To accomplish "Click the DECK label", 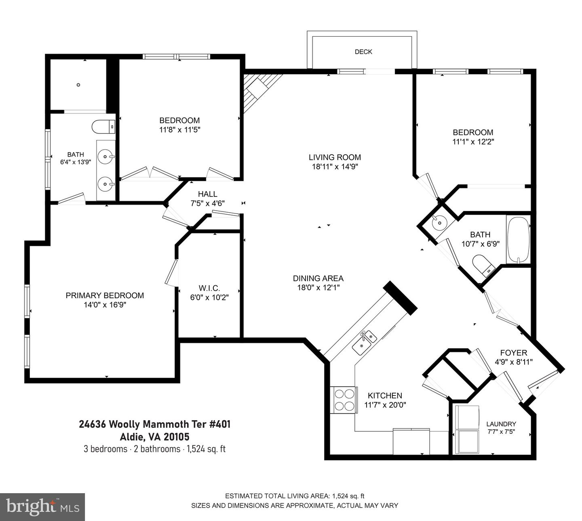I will [363, 52].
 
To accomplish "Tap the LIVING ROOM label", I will [335, 157].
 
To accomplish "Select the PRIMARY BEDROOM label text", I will [105, 295].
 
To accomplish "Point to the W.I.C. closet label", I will [209, 288].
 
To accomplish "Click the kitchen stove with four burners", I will [344, 400].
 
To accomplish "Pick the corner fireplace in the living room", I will [259, 91].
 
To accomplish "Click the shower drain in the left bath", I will [78, 85].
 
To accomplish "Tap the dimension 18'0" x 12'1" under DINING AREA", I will [318, 288].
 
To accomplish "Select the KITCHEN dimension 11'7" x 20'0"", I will [385, 405].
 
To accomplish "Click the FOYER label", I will [514, 353].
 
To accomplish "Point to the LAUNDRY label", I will [501, 424].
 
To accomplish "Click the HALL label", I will [207, 194].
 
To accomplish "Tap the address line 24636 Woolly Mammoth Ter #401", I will [154, 424].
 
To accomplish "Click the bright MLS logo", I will [42, 507].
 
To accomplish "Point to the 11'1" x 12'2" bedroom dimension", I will [473, 142].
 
